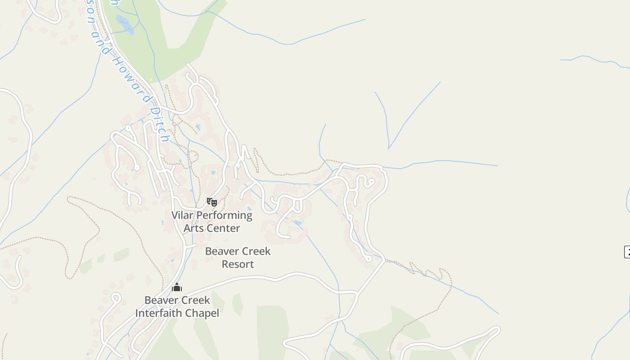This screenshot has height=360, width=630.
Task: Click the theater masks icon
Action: click(x=212, y=202)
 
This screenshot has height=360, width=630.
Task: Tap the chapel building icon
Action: click(x=177, y=287)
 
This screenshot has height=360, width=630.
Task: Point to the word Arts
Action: click(x=193, y=228)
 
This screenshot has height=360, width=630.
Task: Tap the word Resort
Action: click(x=238, y=264)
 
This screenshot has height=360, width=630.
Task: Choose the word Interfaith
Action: click(x=159, y=313)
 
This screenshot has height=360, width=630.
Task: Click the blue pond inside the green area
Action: click(x=125, y=24)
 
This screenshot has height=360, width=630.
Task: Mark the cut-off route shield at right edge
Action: click(x=627, y=252)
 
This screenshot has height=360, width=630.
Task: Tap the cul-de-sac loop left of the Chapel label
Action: click(x=115, y=297)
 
